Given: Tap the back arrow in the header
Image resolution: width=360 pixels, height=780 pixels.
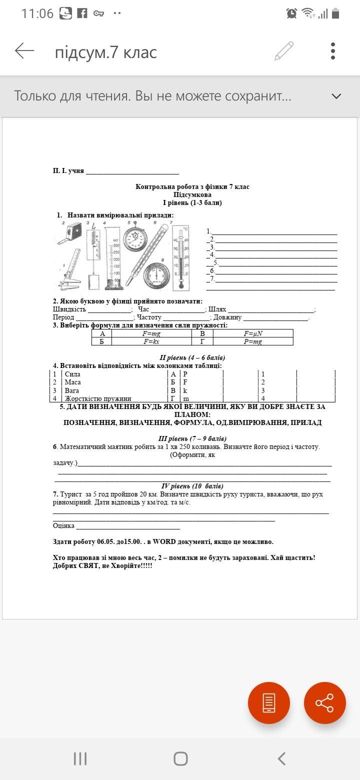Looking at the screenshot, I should point(24,51).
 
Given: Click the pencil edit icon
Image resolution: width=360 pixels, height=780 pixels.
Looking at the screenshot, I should point(284,51).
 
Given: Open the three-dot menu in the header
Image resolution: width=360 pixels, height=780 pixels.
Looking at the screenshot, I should point(333,51).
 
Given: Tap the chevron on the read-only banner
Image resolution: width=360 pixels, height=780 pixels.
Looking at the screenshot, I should point(336,96).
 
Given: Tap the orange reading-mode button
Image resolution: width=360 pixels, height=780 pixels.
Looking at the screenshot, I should point(269,702).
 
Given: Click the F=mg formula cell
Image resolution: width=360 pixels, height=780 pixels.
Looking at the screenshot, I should point(151,333).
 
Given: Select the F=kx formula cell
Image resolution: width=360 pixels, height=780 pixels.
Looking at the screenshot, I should point(151,341).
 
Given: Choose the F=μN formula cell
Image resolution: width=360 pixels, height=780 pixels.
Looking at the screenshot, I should point(253,333).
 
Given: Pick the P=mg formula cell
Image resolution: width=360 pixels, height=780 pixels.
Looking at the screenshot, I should point(253,341).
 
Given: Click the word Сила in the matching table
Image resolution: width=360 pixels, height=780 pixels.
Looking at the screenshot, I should point(72,374).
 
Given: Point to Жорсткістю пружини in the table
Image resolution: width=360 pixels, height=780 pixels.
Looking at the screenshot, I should point(98,398).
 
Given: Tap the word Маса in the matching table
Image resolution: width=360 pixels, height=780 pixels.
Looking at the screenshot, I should point(73,382).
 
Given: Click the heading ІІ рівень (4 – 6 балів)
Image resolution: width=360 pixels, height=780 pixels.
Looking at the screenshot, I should point(192,357).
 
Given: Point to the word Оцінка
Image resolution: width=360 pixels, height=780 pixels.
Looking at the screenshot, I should point(64,525).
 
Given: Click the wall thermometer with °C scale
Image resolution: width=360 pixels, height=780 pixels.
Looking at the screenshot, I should point(181,257).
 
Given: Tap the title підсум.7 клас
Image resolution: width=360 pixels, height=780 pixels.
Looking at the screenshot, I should point(106,52).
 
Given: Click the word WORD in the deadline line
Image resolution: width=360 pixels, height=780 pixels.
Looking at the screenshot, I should point(164,541).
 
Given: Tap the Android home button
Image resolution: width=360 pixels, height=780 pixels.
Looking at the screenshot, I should point(180,758).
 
